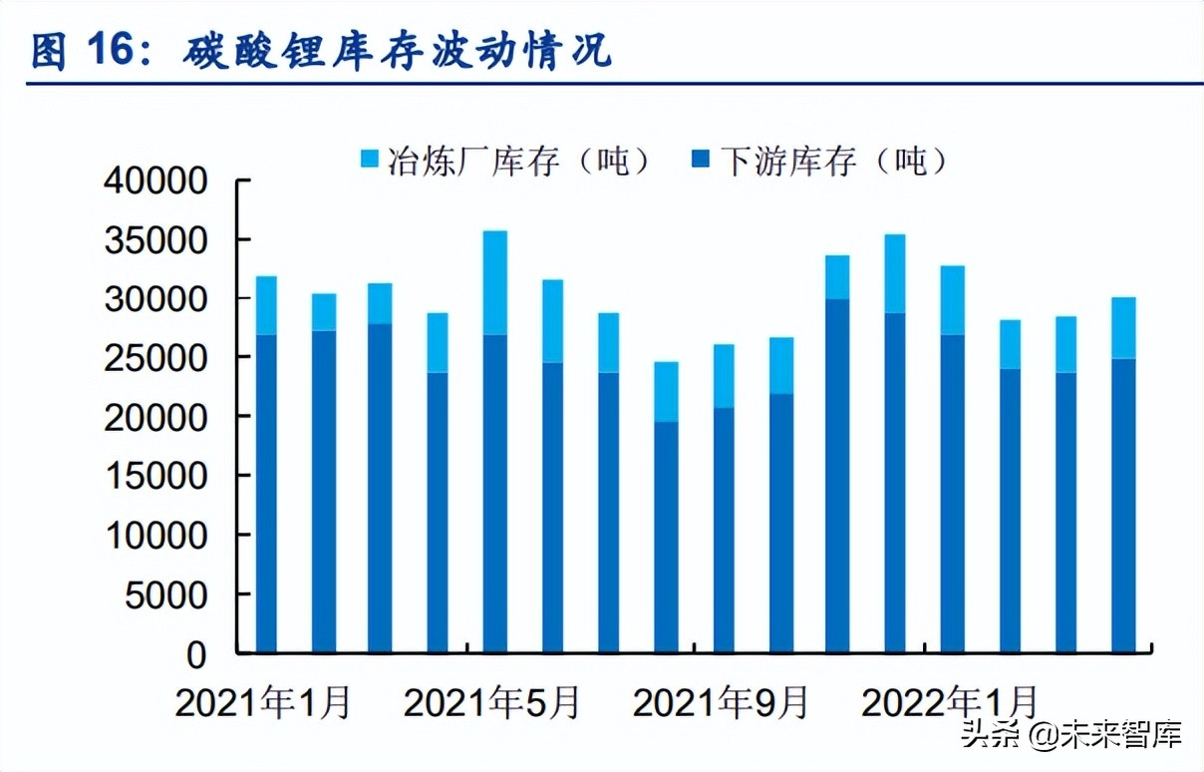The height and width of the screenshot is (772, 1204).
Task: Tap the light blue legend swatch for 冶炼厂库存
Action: coord(370,160)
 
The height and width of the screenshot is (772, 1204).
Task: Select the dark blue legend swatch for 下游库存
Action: coord(702,160)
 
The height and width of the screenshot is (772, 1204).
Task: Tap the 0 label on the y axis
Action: coord(196,654)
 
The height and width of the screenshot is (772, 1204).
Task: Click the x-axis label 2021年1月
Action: coord(264,703)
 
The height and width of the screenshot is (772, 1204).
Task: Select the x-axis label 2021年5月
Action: coord(492,703)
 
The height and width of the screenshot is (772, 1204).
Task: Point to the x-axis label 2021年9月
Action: coord(722,703)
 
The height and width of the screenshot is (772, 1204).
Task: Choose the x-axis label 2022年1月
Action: coord(950,703)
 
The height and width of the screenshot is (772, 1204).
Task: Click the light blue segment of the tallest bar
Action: coord(495,282)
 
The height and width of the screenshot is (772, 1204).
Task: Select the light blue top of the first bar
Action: coord(266,305)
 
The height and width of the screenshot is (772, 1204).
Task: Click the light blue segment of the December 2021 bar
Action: coord(894,273)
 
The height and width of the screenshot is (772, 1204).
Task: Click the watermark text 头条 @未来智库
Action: coord(1071,735)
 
